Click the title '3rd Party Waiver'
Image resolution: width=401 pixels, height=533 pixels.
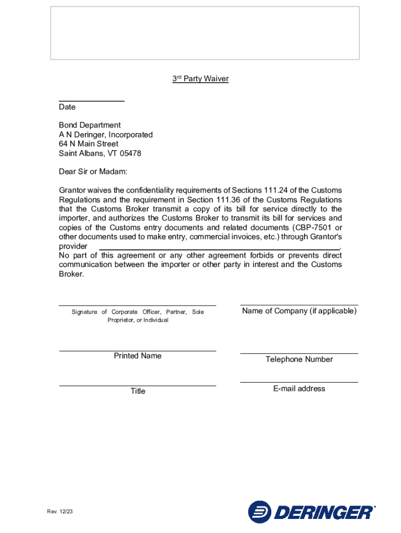coord(200,79)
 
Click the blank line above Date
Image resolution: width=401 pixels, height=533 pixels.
coord(91,100)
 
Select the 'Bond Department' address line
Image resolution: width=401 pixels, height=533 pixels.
coord(90,125)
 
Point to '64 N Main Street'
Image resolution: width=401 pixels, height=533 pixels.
coord(89,144)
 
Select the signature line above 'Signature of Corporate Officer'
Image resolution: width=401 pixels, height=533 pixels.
coord(137,305)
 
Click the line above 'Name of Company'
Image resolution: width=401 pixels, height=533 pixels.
coord(299,304)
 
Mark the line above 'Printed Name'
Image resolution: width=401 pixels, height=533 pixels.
coord(137,351)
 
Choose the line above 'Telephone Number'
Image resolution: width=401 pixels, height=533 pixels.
coord(299,353)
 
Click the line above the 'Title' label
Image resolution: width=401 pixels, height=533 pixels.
coord(137,386)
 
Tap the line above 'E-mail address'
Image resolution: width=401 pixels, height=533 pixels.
coord(299,382)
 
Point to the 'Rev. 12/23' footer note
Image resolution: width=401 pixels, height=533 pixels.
coord(59,512)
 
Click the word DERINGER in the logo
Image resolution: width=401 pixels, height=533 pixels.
coord(323,513)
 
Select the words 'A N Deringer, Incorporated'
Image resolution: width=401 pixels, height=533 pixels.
coord(106,135)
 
